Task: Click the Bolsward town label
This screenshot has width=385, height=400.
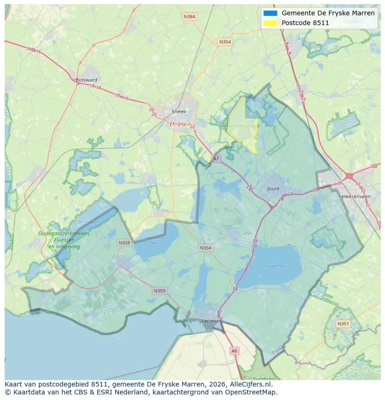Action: (x=86, y=80)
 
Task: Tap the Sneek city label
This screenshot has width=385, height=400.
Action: (x=179, y=111)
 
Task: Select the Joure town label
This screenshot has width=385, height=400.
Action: (x=273, y=189)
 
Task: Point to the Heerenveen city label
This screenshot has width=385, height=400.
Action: (x=356, y=197)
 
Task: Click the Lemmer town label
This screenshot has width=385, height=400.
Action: (x=211, y=321)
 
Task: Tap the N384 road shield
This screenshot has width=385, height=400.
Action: (x=189, y=17)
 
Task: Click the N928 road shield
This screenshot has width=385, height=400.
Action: (x=124, y=243)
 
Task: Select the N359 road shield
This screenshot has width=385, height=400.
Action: (x=159, y=291)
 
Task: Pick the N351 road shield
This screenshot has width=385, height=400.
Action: (x=343, y=324)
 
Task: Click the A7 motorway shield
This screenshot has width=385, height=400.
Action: (x=216, y=158)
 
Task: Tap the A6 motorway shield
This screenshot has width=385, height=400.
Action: (x=234, y=351)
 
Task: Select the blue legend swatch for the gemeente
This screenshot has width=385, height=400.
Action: (x=270, y=13)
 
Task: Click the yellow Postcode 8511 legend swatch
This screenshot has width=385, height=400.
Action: (x=270, y=23)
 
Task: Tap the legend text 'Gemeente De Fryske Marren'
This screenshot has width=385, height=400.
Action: (x=328, y=13)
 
